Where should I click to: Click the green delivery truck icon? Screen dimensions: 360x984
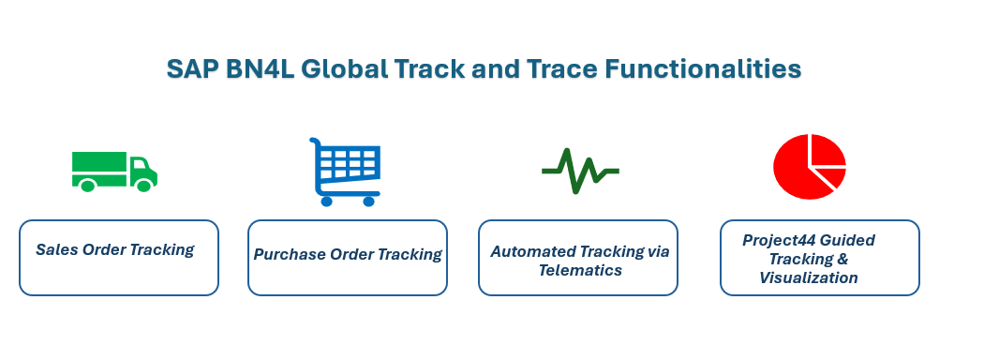[113, 171]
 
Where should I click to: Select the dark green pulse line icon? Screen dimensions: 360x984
[579, 171]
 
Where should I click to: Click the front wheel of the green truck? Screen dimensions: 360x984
[143, 186]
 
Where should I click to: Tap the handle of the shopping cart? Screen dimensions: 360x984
[315, 143]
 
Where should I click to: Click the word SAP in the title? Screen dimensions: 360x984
[193, 69]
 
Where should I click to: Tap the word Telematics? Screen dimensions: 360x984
[579, 270]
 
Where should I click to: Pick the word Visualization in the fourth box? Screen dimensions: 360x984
[808, 277]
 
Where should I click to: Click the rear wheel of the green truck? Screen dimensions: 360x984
[87, 186]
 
